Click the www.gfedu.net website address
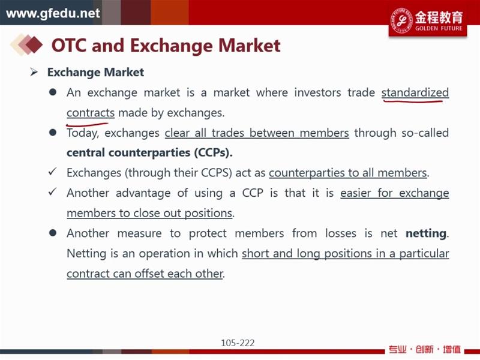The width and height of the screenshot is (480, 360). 53,13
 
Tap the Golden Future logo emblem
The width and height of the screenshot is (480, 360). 401,20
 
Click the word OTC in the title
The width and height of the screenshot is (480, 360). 69,46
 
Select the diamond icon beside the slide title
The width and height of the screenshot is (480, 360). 26,44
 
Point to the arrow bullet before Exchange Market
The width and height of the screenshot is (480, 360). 34,72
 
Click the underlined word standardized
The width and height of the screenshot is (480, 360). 415,92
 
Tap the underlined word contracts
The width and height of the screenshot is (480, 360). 91,113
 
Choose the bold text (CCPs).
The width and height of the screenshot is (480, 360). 213,152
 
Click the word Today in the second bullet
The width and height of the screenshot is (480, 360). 82,133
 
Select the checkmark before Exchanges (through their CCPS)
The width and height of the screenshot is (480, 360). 52,172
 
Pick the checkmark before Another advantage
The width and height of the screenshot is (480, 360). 52,191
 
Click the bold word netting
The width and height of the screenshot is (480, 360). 426,233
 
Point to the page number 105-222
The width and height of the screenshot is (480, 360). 238,343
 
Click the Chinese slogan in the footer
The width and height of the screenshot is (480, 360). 424,349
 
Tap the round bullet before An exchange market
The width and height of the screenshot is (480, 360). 53,92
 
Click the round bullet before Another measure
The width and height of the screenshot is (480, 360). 53,233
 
